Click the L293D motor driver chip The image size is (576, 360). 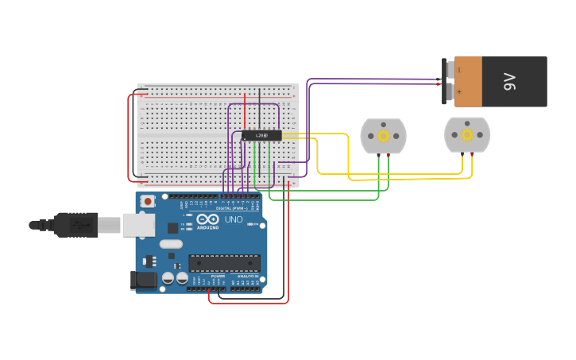pyautogui.click(x=261, y=136)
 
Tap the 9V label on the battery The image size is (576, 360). pyautogui.click(x=509, y=81)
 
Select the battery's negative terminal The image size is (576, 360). pyautogui.click(x=450, y=70)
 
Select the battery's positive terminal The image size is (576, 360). pyautogui.click(x=450, y=92)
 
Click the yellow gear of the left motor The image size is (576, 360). pyautogui.click(x=383, y=136)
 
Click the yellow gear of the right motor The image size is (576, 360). pyautogui.click(x=466, y=135)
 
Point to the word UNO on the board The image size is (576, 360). pyautogui.click(x=234, y=219)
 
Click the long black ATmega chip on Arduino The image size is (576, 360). pyautogui.click(x=224, y=262)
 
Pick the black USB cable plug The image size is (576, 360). pyautogui.click(x=75, y=225)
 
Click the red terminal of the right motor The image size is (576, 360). pyautogui.click(x=472, y=153)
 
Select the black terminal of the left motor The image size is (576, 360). pyautogui.click(x=377, y=155)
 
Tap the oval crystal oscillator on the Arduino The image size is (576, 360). pyautogui.click(x=170, y=245)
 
